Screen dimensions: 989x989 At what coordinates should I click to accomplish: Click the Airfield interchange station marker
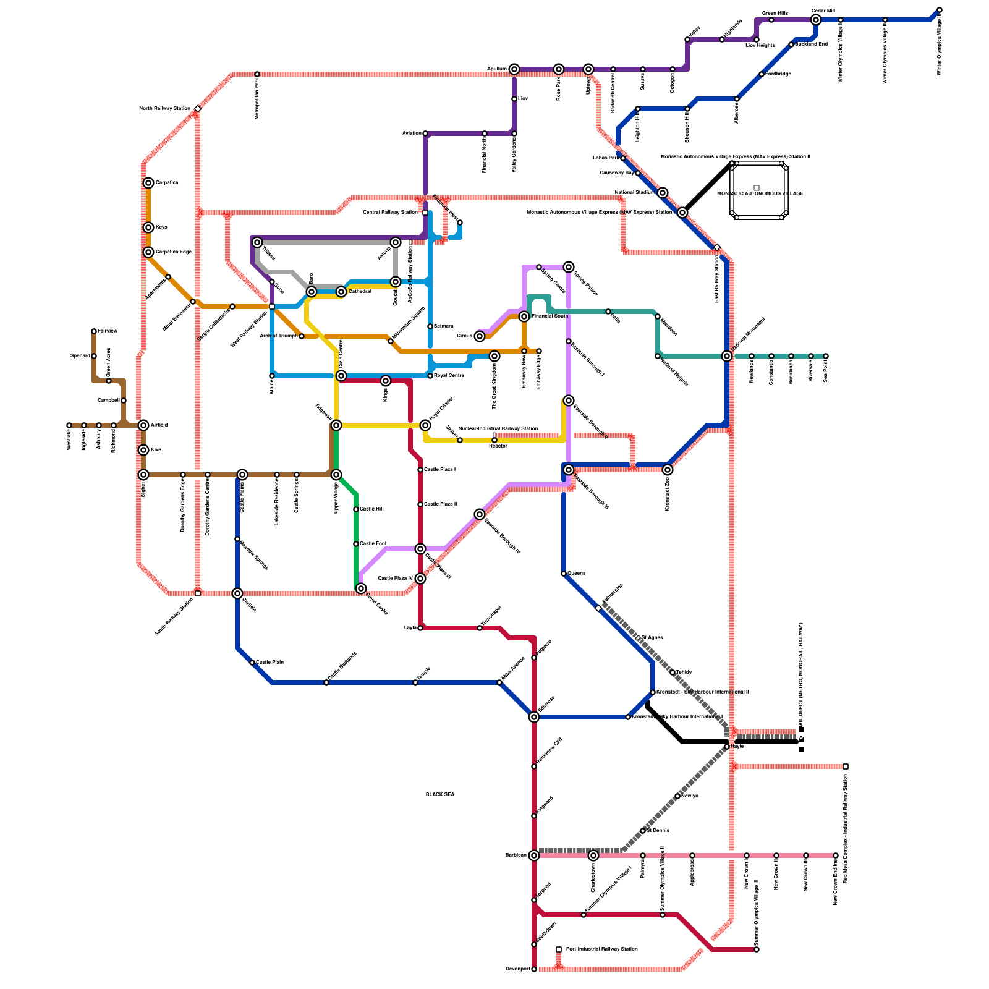point(143,425)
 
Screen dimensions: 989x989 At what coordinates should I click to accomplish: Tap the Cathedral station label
point(360,291)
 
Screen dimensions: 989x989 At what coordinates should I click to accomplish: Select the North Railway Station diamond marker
point(198,109)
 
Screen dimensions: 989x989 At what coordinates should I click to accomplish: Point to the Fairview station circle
point(94,331)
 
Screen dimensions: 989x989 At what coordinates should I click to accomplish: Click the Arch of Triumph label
point(278,336)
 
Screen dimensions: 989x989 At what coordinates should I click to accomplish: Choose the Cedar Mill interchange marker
point(816,20)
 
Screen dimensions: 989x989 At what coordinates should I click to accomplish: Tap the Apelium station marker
point(514,69)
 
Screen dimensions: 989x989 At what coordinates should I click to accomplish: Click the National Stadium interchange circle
point(663,193)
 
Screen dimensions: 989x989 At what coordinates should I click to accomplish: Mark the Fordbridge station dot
point(762,74)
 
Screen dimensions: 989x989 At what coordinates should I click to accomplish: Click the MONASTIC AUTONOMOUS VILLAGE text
point(760,193)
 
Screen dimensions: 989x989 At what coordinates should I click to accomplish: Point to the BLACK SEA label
point(440,794)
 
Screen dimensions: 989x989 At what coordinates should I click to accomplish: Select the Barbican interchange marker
point(534,855)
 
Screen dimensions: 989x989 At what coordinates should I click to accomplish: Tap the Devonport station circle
point(534,969)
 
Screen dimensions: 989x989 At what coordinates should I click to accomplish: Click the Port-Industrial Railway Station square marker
point(559,949)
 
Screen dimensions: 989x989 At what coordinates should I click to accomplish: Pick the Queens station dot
point(564,574)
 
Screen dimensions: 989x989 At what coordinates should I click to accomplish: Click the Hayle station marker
point(727,747)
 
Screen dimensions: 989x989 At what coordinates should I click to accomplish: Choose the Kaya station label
point(161,227)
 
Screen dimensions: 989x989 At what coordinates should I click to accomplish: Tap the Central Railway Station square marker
point(425,213)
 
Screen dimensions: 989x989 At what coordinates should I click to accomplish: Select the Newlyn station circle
point(677,796)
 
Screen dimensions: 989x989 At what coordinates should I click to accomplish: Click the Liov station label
point(523,99)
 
